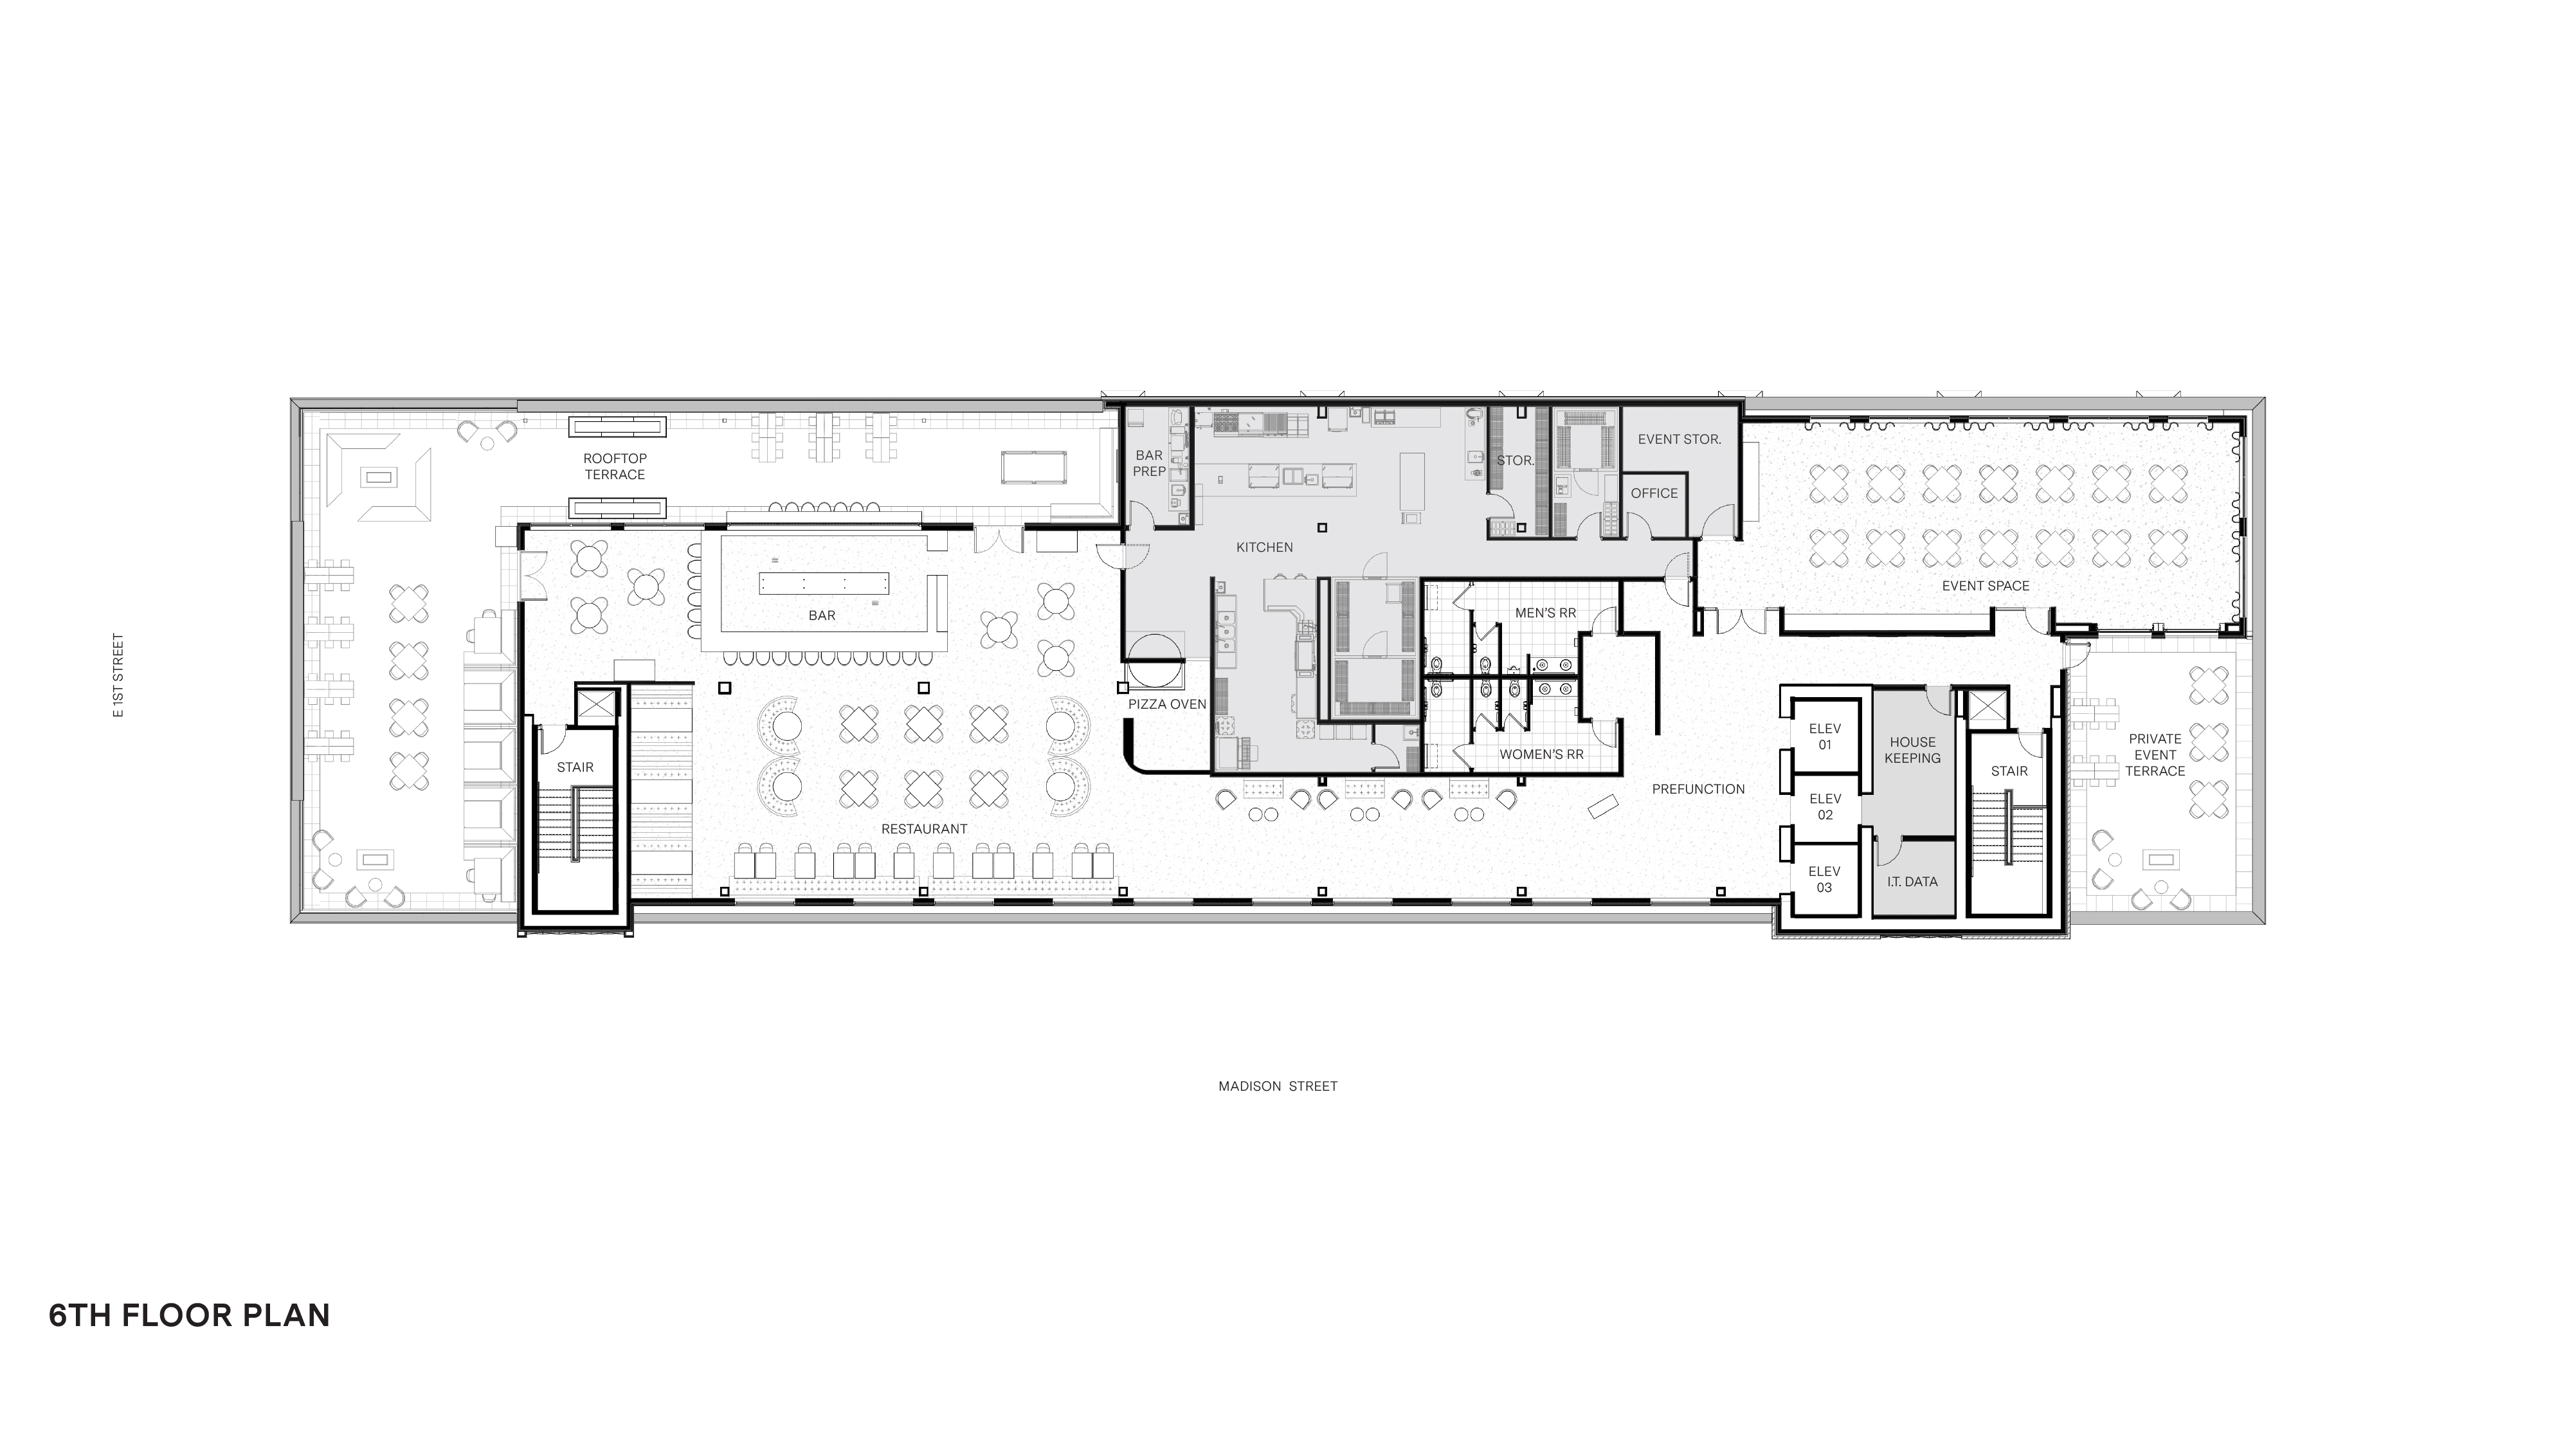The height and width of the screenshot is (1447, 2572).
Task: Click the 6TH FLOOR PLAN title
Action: [190, 1315]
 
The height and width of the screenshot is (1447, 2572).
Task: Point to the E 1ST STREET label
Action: [119, 676]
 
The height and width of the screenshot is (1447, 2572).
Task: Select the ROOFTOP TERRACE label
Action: [615, 466]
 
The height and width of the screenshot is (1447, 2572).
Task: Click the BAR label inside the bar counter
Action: [822, 616]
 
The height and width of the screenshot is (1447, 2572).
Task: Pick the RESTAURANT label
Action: [923, 829]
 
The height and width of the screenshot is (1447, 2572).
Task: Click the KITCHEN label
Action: [1264, 547]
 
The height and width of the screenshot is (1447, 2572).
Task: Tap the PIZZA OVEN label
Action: [1167, 704]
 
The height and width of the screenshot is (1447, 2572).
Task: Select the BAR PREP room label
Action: [1149, 463]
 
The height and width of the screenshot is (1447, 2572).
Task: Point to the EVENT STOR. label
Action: [1680, 439]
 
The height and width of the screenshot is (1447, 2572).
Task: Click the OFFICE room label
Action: [1654, 493]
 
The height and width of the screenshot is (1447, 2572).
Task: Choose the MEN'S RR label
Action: [1546, 612]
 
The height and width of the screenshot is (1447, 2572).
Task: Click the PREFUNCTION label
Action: [1698, 789]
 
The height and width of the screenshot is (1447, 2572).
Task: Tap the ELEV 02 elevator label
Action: [1825, 807]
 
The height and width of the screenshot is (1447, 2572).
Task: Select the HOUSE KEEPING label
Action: [1912, 750]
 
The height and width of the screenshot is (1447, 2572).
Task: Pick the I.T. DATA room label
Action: [1912, 882]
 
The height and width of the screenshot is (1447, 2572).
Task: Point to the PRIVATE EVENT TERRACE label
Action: [2155, 755]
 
